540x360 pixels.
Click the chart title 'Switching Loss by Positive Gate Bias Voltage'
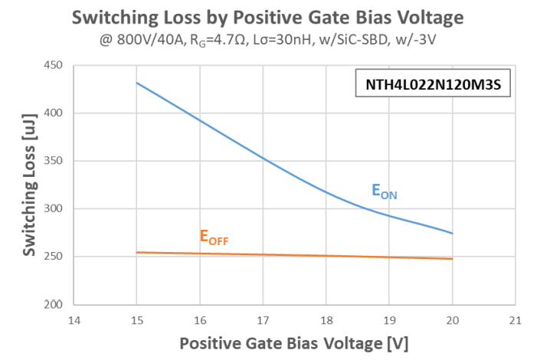coord(270,16)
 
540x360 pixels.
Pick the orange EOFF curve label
coord(214,237)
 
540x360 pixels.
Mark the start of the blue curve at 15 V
coord(136,83)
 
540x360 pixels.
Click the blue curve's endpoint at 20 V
coord(453,234)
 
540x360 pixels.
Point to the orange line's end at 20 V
coord(453,259)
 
